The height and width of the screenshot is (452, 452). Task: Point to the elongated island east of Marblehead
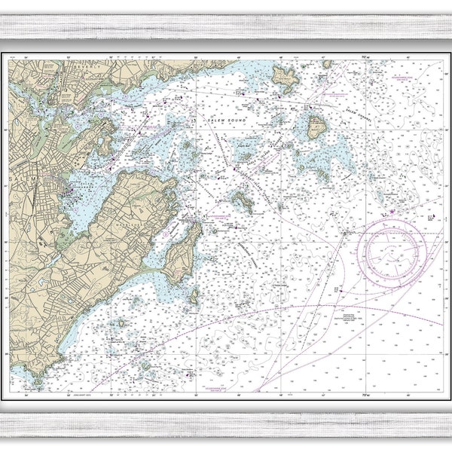tap(243, 201)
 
